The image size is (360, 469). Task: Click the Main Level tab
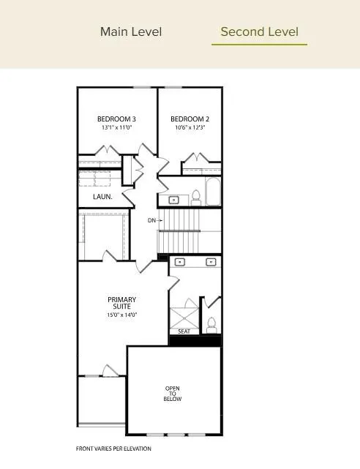pos(131,31)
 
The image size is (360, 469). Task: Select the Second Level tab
pos(259,31)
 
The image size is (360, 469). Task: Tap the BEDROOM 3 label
pos(117,119)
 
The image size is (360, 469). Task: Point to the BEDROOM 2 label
pos(190,119)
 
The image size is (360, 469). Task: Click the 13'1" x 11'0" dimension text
pos(117,127)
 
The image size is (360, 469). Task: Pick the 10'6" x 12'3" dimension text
pos(190,127)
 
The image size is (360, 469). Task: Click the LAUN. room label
pos(102,197)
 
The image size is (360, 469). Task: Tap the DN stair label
pos(151,220)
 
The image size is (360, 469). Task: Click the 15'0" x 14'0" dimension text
pos(121,315)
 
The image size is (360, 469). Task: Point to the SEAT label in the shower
pos(184,331)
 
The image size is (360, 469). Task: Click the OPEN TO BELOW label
pos(173,394)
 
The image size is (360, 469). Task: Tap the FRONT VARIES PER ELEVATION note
pos(113,449)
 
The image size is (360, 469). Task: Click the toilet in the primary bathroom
pos(211,324)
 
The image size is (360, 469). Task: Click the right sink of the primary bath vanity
pos(211,261)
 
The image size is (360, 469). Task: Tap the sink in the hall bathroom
pos(174,199)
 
